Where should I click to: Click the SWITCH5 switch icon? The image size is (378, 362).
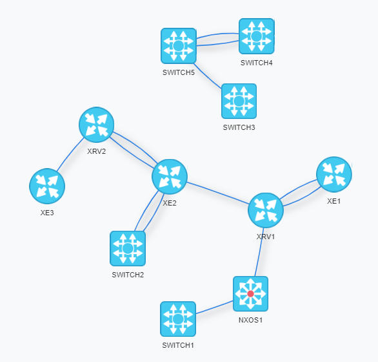point(179,46)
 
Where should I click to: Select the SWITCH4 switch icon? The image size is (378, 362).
point(257,36)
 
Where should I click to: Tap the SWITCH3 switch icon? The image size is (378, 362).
point(239,101)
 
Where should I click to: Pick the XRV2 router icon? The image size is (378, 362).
point(96,125)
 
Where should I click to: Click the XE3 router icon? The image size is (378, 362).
point(47,186)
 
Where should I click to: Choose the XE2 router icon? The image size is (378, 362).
point(170,176)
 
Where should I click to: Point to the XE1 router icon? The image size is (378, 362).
point(334,175)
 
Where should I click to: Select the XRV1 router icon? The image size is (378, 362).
point(266,210)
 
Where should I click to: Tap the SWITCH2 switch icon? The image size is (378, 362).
point(128,248)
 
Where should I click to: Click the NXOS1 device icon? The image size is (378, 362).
point(250,294)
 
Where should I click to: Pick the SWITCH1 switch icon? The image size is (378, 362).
point(178,319)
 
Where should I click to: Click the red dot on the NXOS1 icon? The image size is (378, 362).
point(250,294)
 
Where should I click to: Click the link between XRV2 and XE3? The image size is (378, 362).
point(70,154)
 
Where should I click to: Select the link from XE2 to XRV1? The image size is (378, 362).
point(217,193)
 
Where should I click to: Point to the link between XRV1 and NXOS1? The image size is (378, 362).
point(259,252)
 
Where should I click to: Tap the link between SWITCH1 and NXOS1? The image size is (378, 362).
point(215,308)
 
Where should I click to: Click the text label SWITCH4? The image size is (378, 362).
point(257,63)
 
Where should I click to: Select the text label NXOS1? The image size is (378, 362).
point(250,320)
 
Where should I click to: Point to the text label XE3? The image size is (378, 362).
point(47,213)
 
